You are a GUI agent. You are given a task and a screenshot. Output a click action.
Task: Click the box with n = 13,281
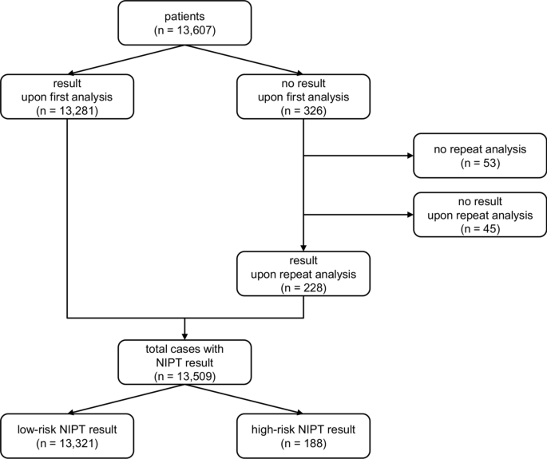(x=68, y=97)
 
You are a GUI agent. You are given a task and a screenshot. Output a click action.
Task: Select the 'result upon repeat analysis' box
(x=303, y=274)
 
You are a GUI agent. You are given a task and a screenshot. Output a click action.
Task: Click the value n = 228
(x=303, y=288)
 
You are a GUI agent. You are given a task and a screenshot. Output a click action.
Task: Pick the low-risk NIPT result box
(x=68, y=435)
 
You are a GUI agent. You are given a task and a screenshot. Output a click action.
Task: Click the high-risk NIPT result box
(x=303, y=435)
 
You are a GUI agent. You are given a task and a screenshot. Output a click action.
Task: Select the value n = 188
(x=303, y=442)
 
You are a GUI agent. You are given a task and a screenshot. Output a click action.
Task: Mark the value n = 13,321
(x=68, y=442)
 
